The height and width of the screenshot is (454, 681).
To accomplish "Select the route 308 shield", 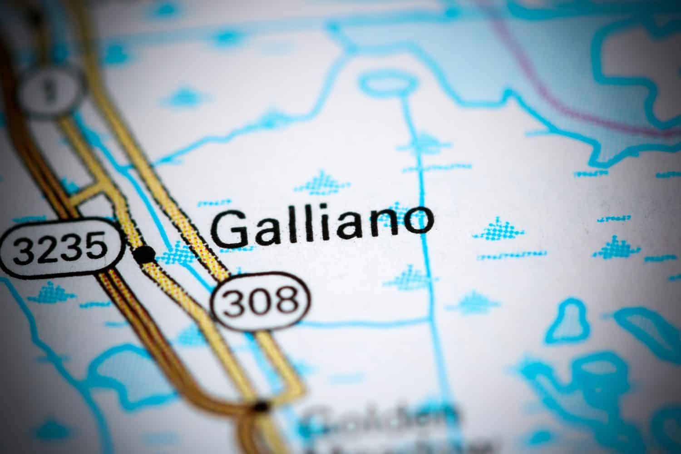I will coord(262,300).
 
